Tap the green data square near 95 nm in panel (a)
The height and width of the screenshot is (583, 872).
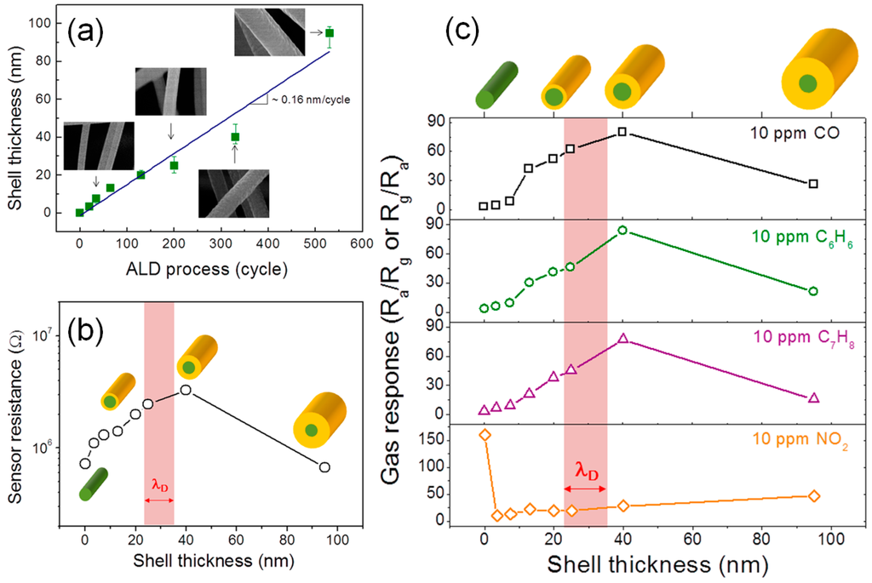click(330, 33)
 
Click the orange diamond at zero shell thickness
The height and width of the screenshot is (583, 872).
click(485, 435)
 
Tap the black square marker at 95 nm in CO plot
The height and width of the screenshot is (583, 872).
click(813, 184)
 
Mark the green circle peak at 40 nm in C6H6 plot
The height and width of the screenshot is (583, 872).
click(622, 230)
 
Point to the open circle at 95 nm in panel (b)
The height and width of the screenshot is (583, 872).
click(324, 467)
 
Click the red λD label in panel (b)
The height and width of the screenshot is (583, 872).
click(158, 487)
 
